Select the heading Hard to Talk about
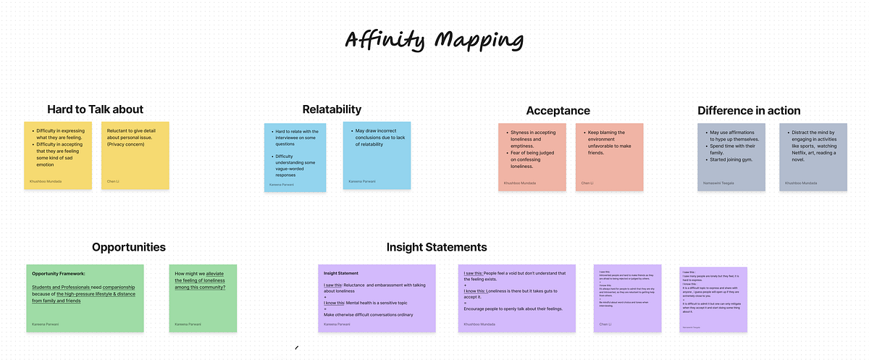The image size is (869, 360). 96,109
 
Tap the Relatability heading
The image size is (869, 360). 332,109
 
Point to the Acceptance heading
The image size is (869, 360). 558,110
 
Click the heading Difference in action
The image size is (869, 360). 749,110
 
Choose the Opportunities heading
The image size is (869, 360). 129,247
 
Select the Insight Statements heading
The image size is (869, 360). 436,247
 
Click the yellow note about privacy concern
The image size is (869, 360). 135,156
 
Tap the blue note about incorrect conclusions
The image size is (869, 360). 377,155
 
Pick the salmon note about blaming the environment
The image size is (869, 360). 609,156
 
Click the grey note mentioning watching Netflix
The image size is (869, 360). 813,156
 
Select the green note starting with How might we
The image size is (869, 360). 203,298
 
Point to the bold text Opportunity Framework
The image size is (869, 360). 59,273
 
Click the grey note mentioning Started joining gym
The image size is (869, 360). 731,156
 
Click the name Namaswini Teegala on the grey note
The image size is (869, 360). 719,183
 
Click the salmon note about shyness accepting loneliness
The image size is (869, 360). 532,156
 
